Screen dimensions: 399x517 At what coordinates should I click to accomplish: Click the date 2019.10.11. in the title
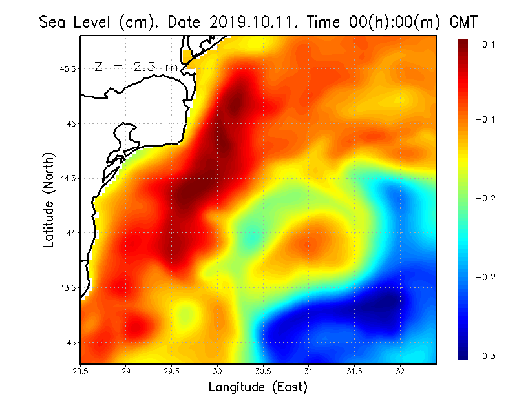coord(252,23)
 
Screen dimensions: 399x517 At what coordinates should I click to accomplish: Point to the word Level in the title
coord(94,23)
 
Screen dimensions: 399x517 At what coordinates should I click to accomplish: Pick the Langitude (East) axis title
coord(258,387)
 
